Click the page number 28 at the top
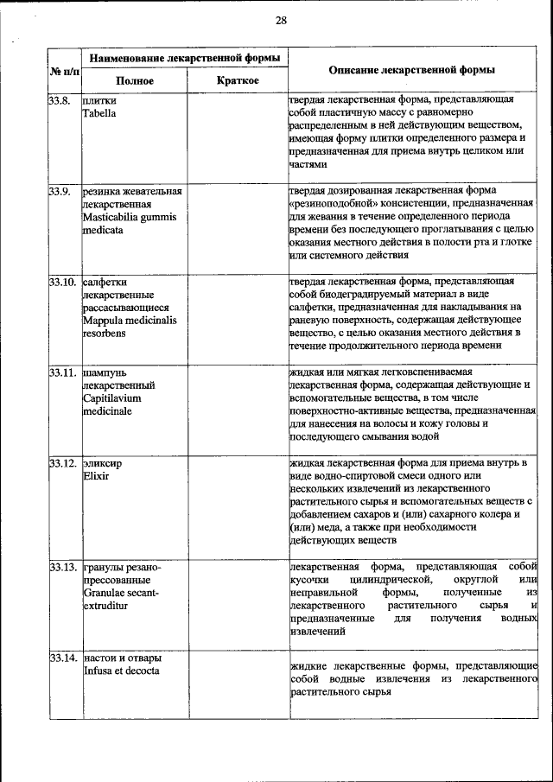281,20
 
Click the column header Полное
135,80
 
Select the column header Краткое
237,80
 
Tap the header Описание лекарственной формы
415,69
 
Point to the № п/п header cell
65,69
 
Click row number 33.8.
60,100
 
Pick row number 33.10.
63,282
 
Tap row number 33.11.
63,372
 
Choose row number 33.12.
63,463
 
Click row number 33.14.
63,658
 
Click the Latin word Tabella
99,113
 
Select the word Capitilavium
111,398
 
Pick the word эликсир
102,463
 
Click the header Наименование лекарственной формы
185,58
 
